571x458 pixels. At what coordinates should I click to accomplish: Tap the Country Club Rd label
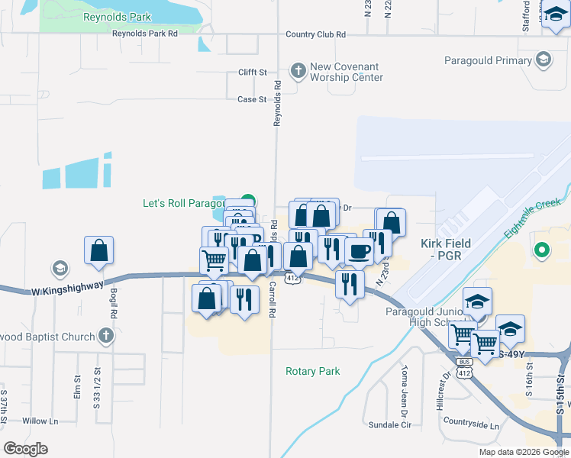[315, 34]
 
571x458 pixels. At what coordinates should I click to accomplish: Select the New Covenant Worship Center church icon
[298, 68]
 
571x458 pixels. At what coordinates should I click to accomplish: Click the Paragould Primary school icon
[543, 60]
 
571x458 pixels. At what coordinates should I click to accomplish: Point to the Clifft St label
[251, 73]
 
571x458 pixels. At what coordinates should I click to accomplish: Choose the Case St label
[251, 99]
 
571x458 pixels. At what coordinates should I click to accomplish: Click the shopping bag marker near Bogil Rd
[98, 250]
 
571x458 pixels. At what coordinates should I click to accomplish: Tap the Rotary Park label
[312, 371]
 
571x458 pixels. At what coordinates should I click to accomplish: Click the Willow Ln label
[40, 421]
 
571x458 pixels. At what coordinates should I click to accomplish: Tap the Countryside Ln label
[470, 424]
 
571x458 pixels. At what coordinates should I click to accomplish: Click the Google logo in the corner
[26, 448]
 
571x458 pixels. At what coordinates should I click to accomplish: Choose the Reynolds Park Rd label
[144, 34]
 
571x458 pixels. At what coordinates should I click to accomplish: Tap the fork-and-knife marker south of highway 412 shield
[350, 284]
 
